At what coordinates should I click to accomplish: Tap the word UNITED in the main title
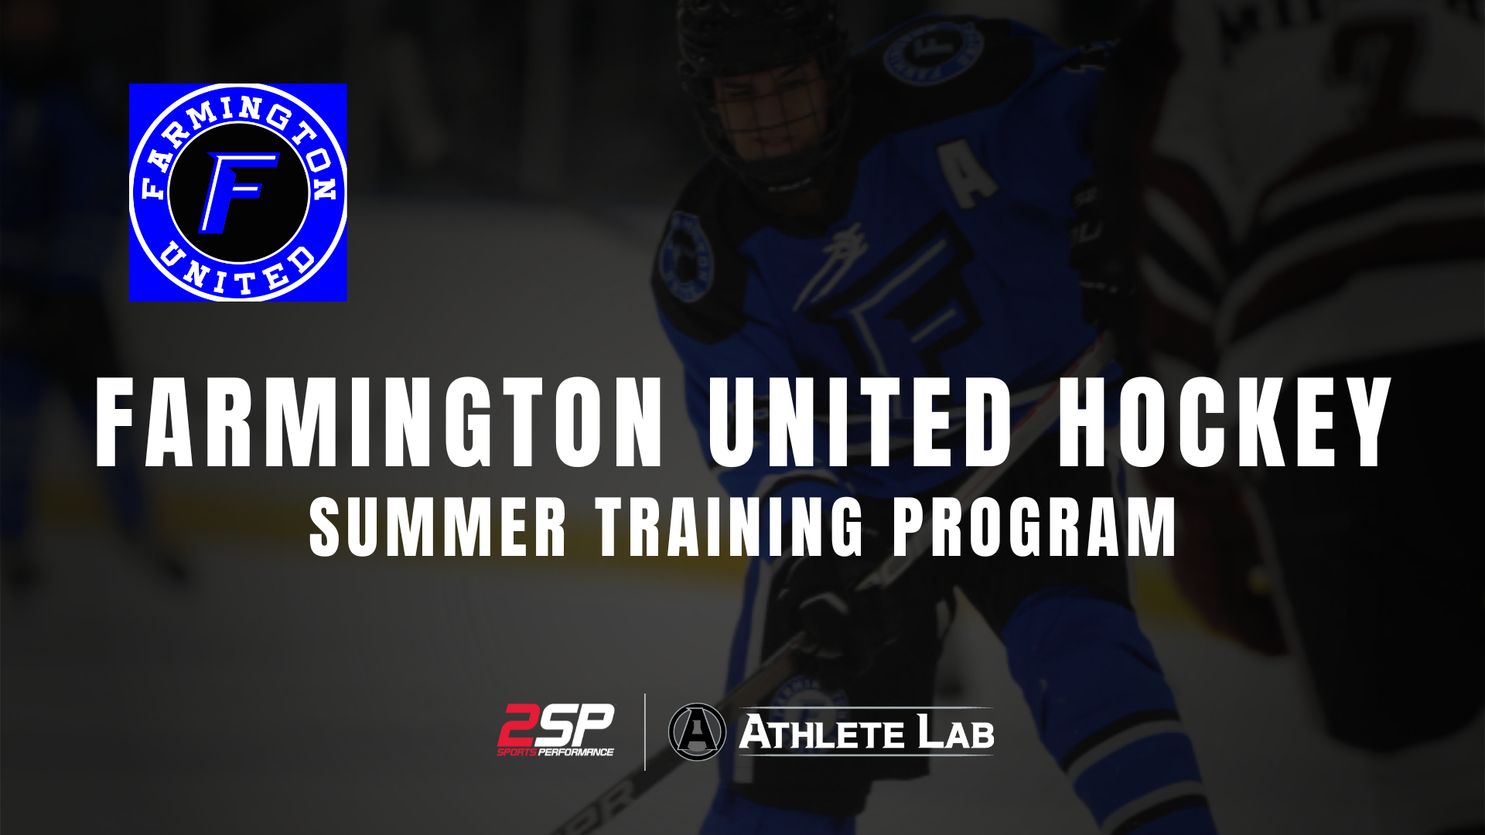point(861,423)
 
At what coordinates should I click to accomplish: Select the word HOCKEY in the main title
point(1224,423)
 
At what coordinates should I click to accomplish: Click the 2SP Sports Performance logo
point(555,730)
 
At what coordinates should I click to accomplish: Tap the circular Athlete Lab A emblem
point(697,731)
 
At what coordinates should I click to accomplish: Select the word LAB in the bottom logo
point(956,733)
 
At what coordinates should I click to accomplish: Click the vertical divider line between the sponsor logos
point(645,732)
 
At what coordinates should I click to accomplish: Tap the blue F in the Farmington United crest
point(237,193)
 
